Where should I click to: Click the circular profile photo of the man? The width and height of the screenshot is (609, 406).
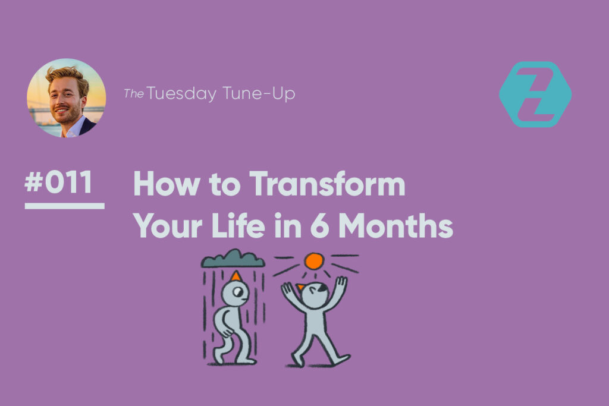pyautogui.click(x=66, y=98)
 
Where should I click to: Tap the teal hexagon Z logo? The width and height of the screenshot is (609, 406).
pyautogui.click(x=535, y=95)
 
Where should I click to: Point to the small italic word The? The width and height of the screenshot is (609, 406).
pyautogui.click(x=134, y=93)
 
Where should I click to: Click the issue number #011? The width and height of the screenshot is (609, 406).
pyautogui.click(x=59, y=182)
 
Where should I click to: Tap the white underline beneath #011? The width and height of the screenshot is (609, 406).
pyautogui.click(x=64, y=206)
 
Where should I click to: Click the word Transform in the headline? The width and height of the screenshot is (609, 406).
pyautogui.click(x=327, y=184)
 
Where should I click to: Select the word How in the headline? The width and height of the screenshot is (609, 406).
pyautogui.click(x=167, y=184)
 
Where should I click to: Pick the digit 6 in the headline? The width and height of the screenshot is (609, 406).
pyautogui.click(x=319, y=225)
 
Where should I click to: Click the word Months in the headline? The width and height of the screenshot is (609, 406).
pyautogui.click(x=395, y=225)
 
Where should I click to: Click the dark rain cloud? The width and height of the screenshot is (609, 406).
pyautogui.click(x=233, y=259)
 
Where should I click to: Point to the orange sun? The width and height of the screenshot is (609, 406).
pyautogui.click(x=314, y=261)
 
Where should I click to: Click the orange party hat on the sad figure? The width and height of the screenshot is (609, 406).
pyautogui.click(x=236, y=276)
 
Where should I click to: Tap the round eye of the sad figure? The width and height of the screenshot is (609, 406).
pyautogui.click(x=238, y=291)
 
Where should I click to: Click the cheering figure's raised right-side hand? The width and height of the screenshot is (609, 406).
pyautogui.click(x=341, y=282)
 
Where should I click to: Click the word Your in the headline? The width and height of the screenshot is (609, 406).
pyautogui.click(x=168, y=225)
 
